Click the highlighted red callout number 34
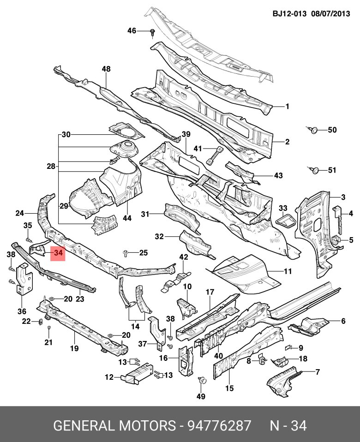point(58,253)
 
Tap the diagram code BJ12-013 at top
point(289,14)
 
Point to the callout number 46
point(132,31)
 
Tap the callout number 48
point(107,69)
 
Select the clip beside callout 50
point(312,130)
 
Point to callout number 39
point(186,134)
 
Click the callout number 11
point(288,272)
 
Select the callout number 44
point(127,218)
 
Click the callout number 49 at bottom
point(201,396)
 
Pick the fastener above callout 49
point(201,380)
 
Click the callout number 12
point(109,377)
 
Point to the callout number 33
point(283,208)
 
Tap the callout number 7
point(317,371)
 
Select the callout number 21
point(48,342)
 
